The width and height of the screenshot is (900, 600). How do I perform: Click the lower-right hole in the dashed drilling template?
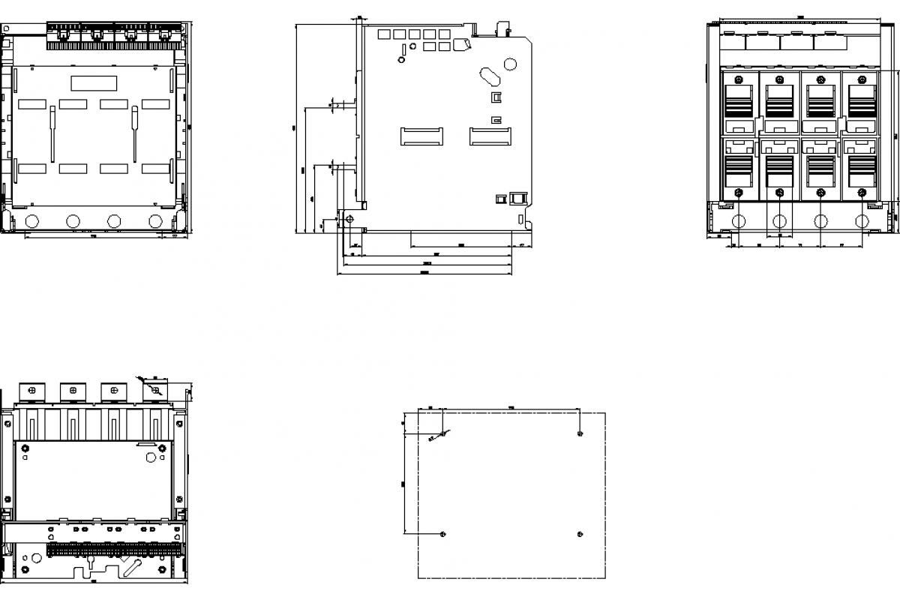pos(580,533)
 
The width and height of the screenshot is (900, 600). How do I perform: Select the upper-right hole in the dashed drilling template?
pos(580,433)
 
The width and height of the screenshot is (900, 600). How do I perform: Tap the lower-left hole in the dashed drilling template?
pos(443,533)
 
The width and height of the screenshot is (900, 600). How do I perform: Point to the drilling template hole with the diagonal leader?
pos(443,433)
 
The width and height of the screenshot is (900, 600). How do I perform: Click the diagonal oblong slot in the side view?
pos(487,76)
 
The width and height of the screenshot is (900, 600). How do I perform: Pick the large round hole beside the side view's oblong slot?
pos(511,64)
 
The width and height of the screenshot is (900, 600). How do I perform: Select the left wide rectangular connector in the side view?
pos(421,136)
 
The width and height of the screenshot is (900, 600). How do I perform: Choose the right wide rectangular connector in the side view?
pos(490,136)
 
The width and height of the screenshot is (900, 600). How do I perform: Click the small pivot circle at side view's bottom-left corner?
pos(349,219)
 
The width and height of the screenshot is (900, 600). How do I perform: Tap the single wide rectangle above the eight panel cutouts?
pos(94,82)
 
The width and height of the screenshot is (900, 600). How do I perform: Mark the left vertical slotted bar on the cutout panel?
pos(52,133)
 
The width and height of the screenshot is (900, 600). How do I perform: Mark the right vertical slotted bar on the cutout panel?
pos(135,133)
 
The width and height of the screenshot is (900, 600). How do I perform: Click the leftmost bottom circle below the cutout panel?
pos(31,221)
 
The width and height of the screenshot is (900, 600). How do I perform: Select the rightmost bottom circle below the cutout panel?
pos(155,221)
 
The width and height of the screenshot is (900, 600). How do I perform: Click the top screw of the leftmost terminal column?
pos(739,79)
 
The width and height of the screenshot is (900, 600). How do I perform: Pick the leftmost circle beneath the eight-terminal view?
pos(739,221)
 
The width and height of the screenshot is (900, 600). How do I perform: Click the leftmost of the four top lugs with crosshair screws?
pos(31,390)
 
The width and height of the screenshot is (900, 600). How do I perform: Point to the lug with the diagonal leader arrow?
pos(154,390)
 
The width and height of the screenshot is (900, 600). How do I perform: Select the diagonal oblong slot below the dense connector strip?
pos(133,565)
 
